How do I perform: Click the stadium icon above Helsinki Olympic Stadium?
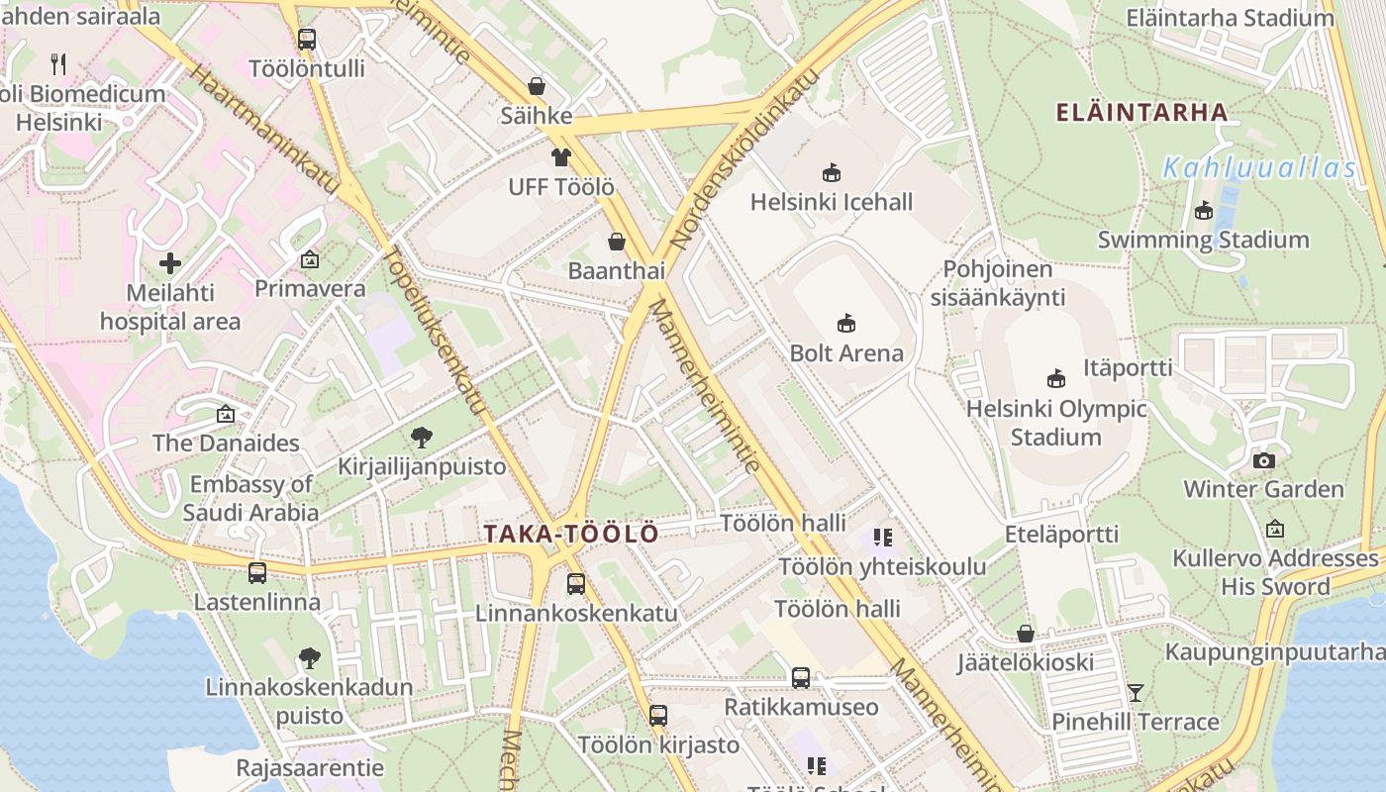(x=1056, y=378)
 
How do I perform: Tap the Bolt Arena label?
(x=846, y=353)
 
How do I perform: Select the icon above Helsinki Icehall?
(x=832, y=172)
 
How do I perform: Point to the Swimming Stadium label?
(x=1203, y=240)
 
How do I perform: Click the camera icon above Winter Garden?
(x=1264, y=460)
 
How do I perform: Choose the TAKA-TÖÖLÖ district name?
(x=571, y=535)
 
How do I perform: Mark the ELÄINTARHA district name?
(x=1141, y=112)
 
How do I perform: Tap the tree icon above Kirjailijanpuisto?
(x=422, y=437)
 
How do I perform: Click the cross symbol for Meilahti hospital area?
(x=170, y=263)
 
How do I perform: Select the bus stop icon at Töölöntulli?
(x=307, y=40)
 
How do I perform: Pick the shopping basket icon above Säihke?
(x=537, y=86)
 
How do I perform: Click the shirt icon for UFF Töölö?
(x=561, y=156)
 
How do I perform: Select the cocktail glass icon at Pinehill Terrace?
(x=1136, y=692)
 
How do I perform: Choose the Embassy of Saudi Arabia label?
(x=250, y=498)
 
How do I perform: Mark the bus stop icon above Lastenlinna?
(x=257, y=572)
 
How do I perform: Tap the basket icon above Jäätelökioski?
(x=1026, y=634)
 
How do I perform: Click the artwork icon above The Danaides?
(x=226, y=414)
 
